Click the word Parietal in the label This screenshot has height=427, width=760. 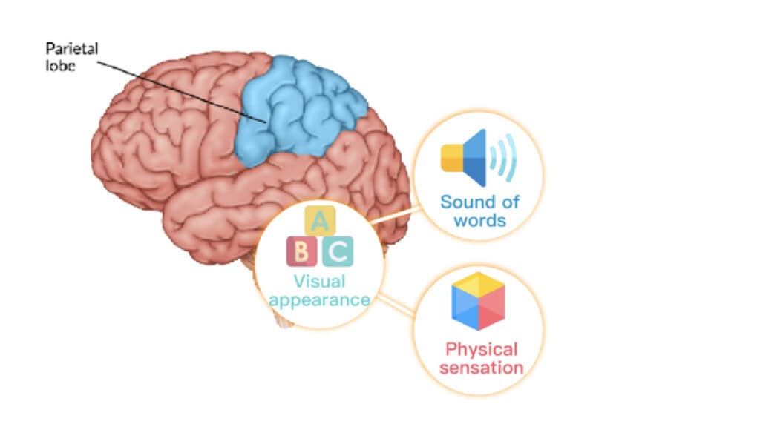click(71, 50)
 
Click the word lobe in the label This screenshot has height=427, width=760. click(60, 64)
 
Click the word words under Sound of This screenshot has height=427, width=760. click(480, 220)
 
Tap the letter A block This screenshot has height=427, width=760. click(320, 220)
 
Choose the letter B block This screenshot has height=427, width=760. click(302, 252)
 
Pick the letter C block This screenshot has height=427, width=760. click(338, 252)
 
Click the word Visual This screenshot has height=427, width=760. click(319, 282)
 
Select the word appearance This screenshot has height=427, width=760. click(319, 300)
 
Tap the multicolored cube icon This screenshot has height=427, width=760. click(478, 300)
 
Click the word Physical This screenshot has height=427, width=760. click(481, 349)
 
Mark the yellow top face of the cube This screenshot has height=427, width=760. click(479, 282)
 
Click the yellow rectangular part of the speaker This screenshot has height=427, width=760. click(452, 157)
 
